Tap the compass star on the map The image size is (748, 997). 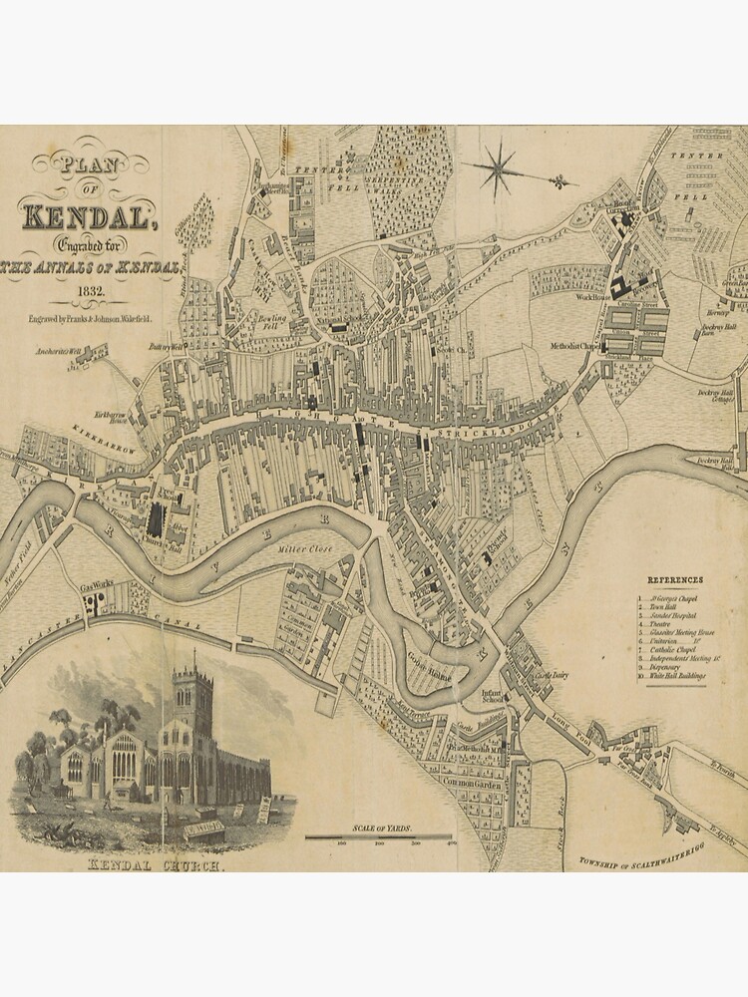click(496, 167)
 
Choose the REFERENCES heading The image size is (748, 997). click(675, 580)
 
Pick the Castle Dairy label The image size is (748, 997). click(554, 676)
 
